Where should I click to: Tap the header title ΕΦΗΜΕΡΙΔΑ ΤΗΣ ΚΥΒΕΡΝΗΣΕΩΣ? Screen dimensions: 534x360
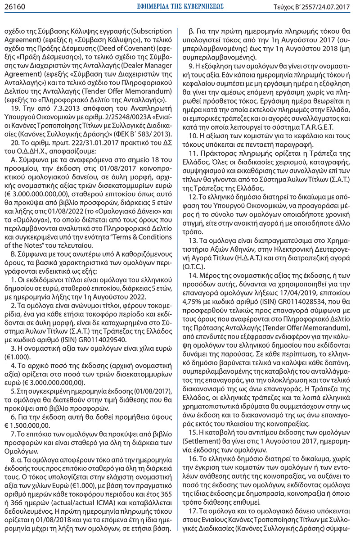[x=180, y=7]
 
